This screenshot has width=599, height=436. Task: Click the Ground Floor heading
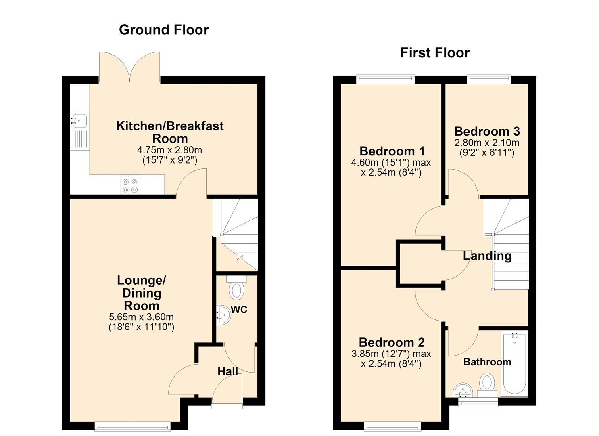(164, 30)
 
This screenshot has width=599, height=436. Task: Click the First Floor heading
(435, 53)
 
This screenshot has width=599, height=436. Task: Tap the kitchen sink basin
(79, 121)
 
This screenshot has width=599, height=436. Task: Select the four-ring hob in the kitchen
(130, 185)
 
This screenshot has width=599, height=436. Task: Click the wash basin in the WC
(223, 315)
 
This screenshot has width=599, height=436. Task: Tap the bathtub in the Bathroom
(515, 363)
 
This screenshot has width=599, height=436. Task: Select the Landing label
(487, 256)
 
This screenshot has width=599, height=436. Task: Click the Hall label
(228, 371)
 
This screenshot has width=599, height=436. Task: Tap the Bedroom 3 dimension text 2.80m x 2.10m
(487, 143)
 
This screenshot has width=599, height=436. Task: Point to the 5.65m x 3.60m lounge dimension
(141, 317)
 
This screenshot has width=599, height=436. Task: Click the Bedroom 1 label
(392, 151)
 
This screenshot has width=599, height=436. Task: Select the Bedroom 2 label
(392, 343)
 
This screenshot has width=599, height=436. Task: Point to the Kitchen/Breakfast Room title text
(169, 132)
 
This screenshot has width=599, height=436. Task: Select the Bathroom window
(478, 402)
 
